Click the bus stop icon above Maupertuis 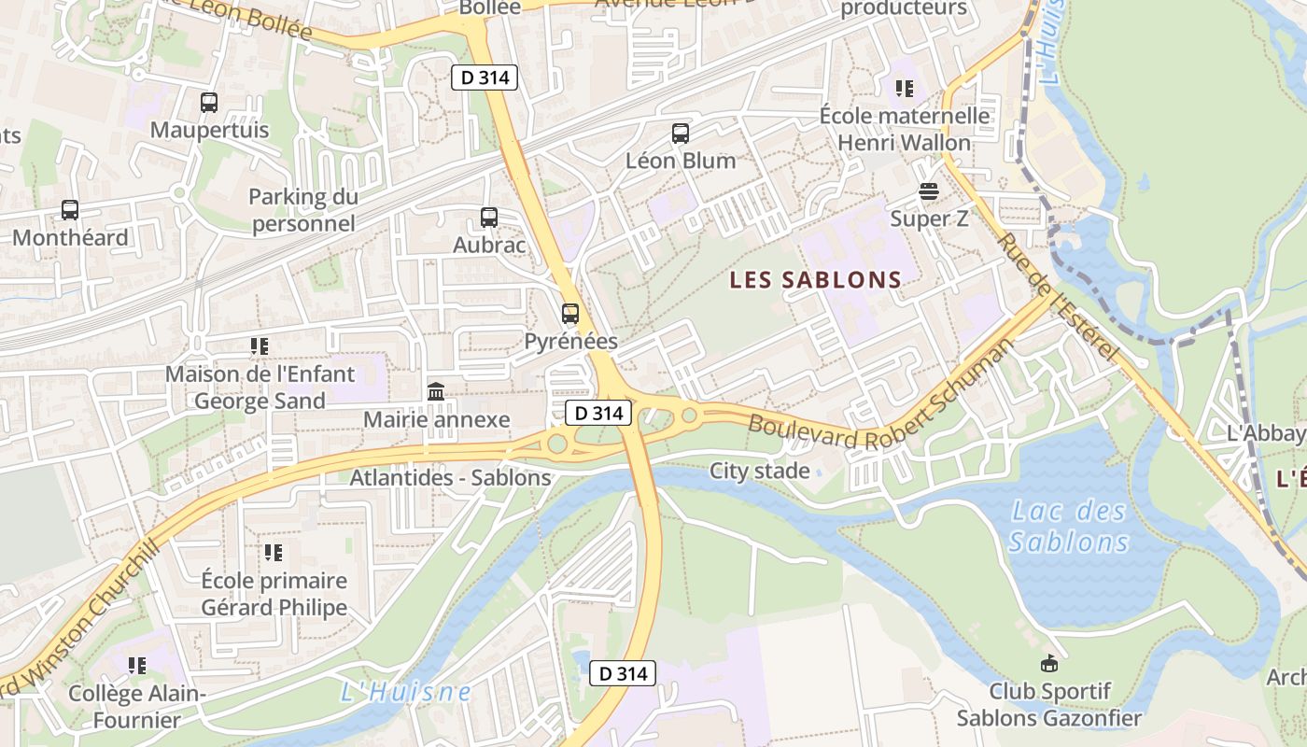tap(209, 103)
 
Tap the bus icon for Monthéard tap(70, 210)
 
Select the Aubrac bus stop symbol tap(489, 218)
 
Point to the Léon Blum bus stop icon tap(681, 134)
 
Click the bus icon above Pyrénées tap(570, 314)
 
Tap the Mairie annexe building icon tap(436, 392)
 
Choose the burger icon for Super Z tap(929, 191)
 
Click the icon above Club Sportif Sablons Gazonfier tap(1049, 664)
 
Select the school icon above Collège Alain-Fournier tap(137, 666)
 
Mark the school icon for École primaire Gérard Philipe tap(274, 553)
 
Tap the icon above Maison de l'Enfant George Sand tap(260, 346)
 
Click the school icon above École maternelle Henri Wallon tap(904, 89)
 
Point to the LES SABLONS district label tap(816, 280)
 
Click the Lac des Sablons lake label tap(1069, 527)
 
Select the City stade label tap(760, 471)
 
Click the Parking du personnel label tap(303, 210)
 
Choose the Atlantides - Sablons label tap(450, 478)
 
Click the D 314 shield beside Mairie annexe tap(598, 413)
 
